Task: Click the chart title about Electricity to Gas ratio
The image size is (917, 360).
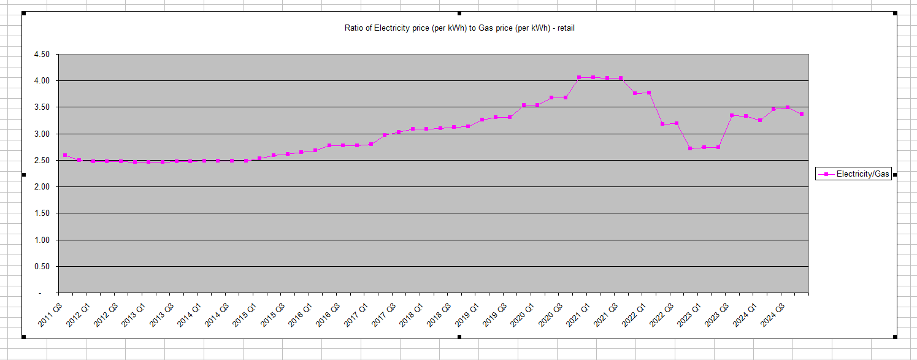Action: coord(459,28)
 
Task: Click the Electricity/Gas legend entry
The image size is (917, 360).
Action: coord(853,174)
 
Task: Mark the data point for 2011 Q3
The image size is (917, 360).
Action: coord(65,155)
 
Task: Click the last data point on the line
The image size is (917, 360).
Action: coord(801,114)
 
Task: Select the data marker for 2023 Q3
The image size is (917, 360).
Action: coord(732,115)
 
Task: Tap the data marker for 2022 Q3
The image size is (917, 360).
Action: coord(677,123)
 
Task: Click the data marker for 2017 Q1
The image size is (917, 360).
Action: coord(371,144)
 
